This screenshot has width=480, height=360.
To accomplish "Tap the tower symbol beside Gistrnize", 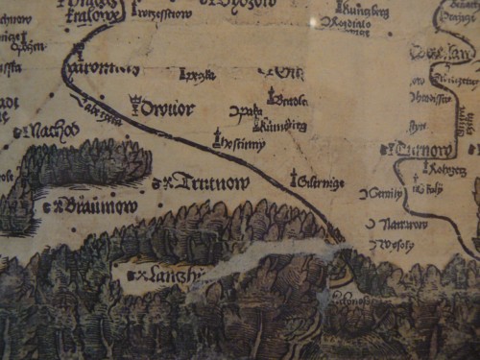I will pyautogui.click(x=294, y=177).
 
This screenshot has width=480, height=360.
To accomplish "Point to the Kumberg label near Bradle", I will pyautogui.click(x=285, y=125).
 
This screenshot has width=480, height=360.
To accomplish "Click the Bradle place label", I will pyautogui.click(x=289, y=100).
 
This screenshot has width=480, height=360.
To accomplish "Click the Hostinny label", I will pyautogui.click(x=244, y=143).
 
